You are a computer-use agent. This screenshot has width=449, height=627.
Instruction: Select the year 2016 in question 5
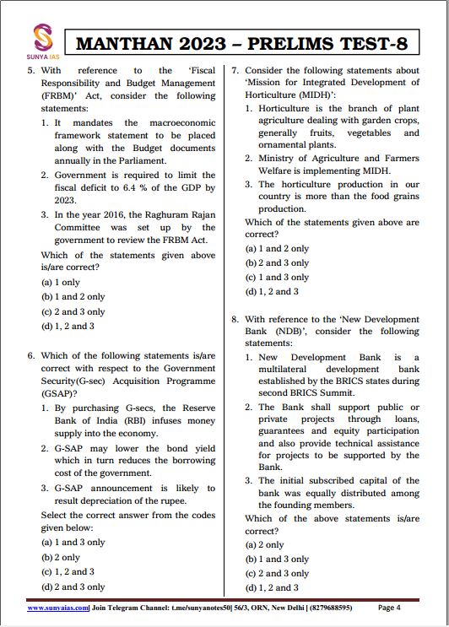tap(105, 215)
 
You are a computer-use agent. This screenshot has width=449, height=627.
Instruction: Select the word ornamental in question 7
tap(284, 144)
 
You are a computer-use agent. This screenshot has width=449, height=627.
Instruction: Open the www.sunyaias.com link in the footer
tap(58, 608)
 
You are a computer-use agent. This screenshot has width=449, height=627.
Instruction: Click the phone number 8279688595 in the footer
tap(325, 608)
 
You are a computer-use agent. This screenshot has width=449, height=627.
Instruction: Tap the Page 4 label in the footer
tap(389, 608)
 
